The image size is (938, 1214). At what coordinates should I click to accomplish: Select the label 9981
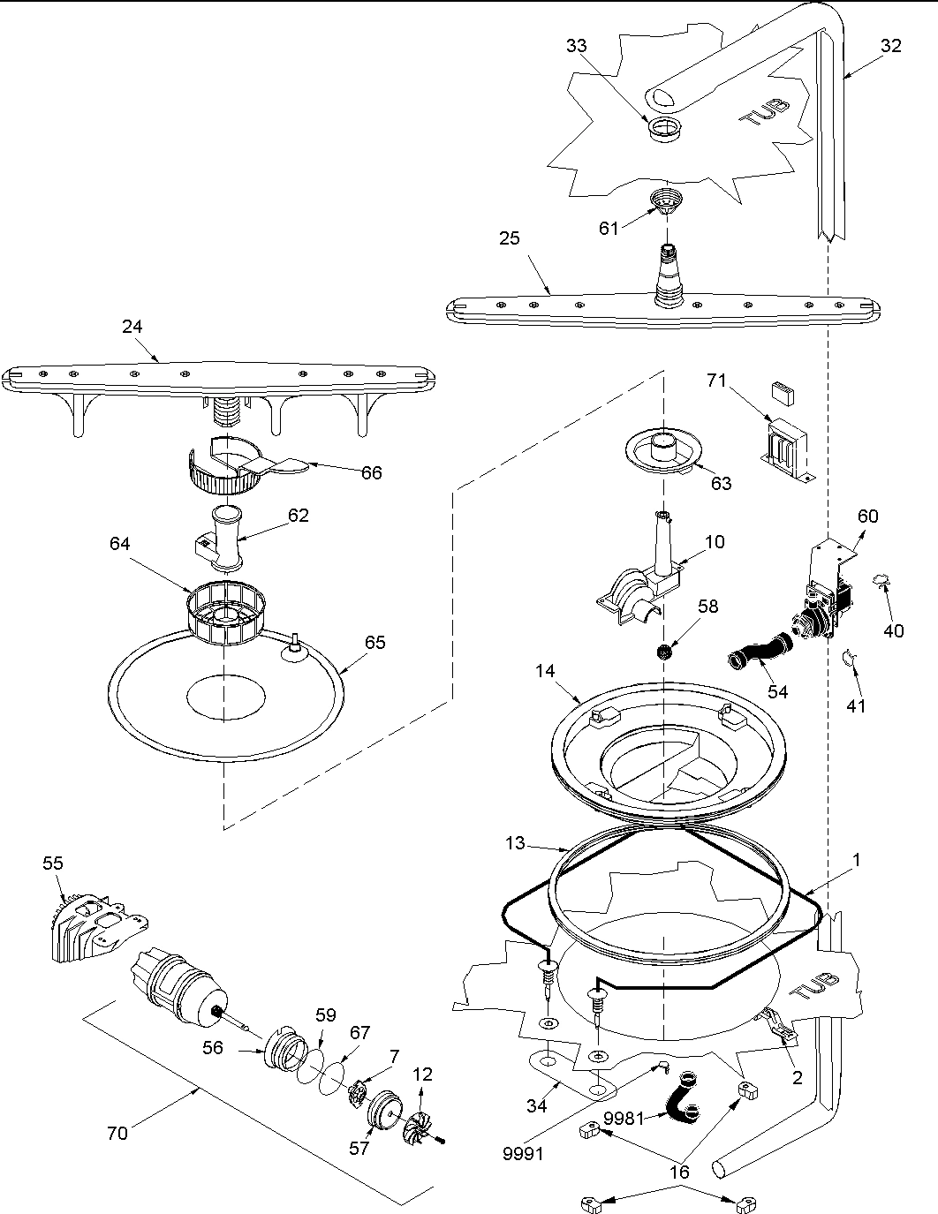click(623, 1119)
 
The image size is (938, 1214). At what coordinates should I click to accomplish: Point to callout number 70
click(117, 1133)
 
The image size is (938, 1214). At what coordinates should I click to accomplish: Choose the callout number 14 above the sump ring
click(545, 671)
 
